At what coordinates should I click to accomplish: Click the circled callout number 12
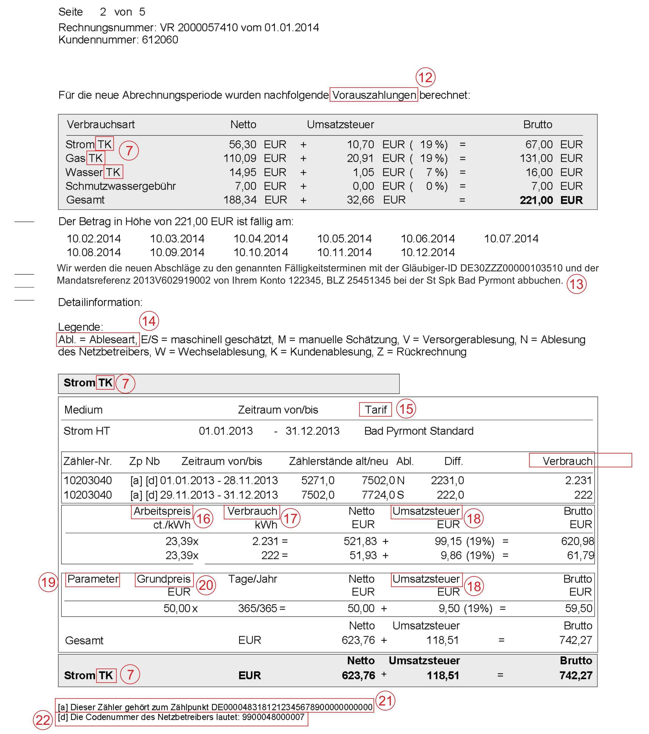[425, 77]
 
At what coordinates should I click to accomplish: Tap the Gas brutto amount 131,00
[536, 158]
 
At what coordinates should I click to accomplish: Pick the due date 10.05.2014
[344, 238]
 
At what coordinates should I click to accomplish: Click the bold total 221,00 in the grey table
[536, 200]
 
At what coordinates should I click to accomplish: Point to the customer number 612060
[160, 40]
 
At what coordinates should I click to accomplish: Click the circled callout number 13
[576, 284]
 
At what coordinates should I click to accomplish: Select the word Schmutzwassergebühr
[120, 186]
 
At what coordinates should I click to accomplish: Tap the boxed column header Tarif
[375, 409]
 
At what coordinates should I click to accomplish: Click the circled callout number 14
[149, 321]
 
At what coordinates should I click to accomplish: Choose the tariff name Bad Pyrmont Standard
[419, 431]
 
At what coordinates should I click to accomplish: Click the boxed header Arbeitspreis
[162, 511]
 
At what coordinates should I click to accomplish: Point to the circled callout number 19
[48, 582]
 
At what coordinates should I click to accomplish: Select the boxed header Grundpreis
[164, 579]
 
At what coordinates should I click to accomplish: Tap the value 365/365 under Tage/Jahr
[257, 608]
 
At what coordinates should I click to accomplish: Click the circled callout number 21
[385, 701]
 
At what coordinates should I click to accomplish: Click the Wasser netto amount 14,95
[243, 172]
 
